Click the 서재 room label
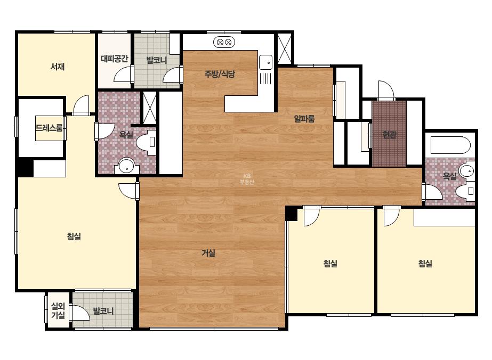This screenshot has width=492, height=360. click(58, 67)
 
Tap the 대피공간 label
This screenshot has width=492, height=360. click(115, 59)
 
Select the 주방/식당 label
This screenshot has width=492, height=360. click(220, 74)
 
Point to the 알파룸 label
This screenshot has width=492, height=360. click(304, 119)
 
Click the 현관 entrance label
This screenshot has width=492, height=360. click(389, 135)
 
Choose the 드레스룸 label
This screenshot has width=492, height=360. click(49, 128)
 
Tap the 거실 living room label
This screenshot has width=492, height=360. click(208, 253)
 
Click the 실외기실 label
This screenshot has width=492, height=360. click(58, 310)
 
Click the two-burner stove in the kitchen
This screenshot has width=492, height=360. click(224, 42)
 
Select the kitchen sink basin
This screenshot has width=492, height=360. click(266, 62)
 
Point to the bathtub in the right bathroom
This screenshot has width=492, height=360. click(450, 145)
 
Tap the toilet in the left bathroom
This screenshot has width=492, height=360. click(147, 142)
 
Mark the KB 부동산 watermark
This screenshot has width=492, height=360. click(247, 179)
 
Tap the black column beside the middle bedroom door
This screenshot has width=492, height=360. click(292, 213)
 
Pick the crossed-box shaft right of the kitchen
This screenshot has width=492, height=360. click(284, 48)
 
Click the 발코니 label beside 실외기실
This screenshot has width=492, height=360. click(103, 312)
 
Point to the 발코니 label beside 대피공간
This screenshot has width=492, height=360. click(157, 60)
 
